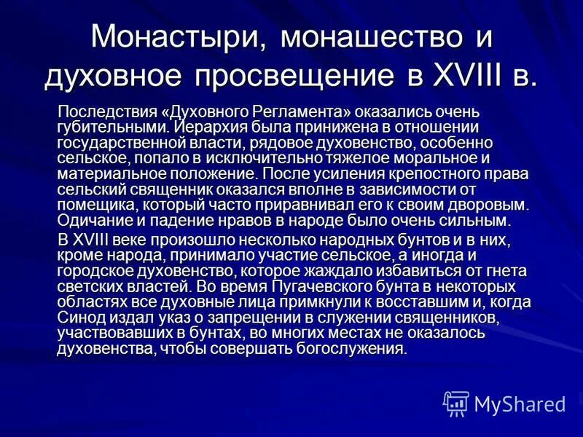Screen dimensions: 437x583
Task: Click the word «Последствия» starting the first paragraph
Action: point(109,113)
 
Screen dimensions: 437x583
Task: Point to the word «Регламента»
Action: point(303,113)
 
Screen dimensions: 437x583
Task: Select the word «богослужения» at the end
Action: point(359,349)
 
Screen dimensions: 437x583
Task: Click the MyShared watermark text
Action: point(520,403)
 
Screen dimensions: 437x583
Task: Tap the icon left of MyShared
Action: point(456,403)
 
